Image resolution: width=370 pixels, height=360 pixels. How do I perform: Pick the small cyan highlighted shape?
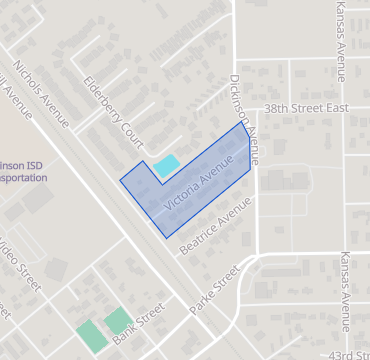pyautogui.click(x=166, y=166)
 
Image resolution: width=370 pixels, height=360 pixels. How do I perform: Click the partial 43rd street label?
pyautogui.click(x=349, y=354)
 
